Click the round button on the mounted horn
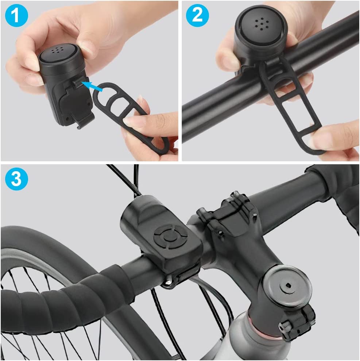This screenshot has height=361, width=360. pyautogui.click(x=169, y=237)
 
